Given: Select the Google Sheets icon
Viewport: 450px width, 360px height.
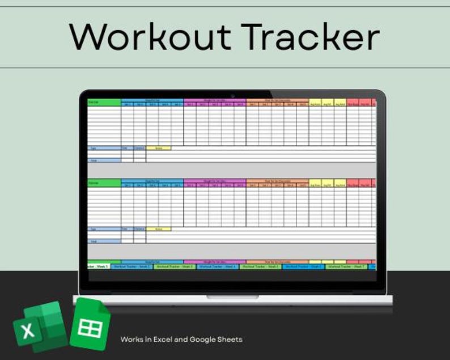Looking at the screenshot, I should [91, 324].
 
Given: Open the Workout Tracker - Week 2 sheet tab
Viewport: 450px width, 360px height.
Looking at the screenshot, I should [132, 266].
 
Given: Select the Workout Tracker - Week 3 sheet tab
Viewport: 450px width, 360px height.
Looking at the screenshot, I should [175, 266].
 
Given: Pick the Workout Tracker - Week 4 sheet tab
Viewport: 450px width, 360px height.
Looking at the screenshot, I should [218, 266].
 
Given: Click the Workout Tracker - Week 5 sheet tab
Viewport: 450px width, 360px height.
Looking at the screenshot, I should [261, 266].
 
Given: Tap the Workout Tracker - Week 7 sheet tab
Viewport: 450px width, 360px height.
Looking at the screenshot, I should [347, 266].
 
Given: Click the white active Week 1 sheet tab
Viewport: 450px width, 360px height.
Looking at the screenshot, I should [97, 266].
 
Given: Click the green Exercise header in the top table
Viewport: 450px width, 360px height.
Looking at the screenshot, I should [104, 102].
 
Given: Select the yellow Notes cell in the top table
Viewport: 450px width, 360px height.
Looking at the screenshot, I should [158, 148].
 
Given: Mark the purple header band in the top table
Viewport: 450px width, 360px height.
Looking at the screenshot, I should [215, 100].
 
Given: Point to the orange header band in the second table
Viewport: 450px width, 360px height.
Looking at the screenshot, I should [277, 181].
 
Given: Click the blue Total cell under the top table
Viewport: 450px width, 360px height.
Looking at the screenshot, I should [104, 160].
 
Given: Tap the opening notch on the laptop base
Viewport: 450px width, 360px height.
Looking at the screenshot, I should [232, 297].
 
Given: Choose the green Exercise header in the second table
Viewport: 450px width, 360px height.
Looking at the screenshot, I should [104, 183].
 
